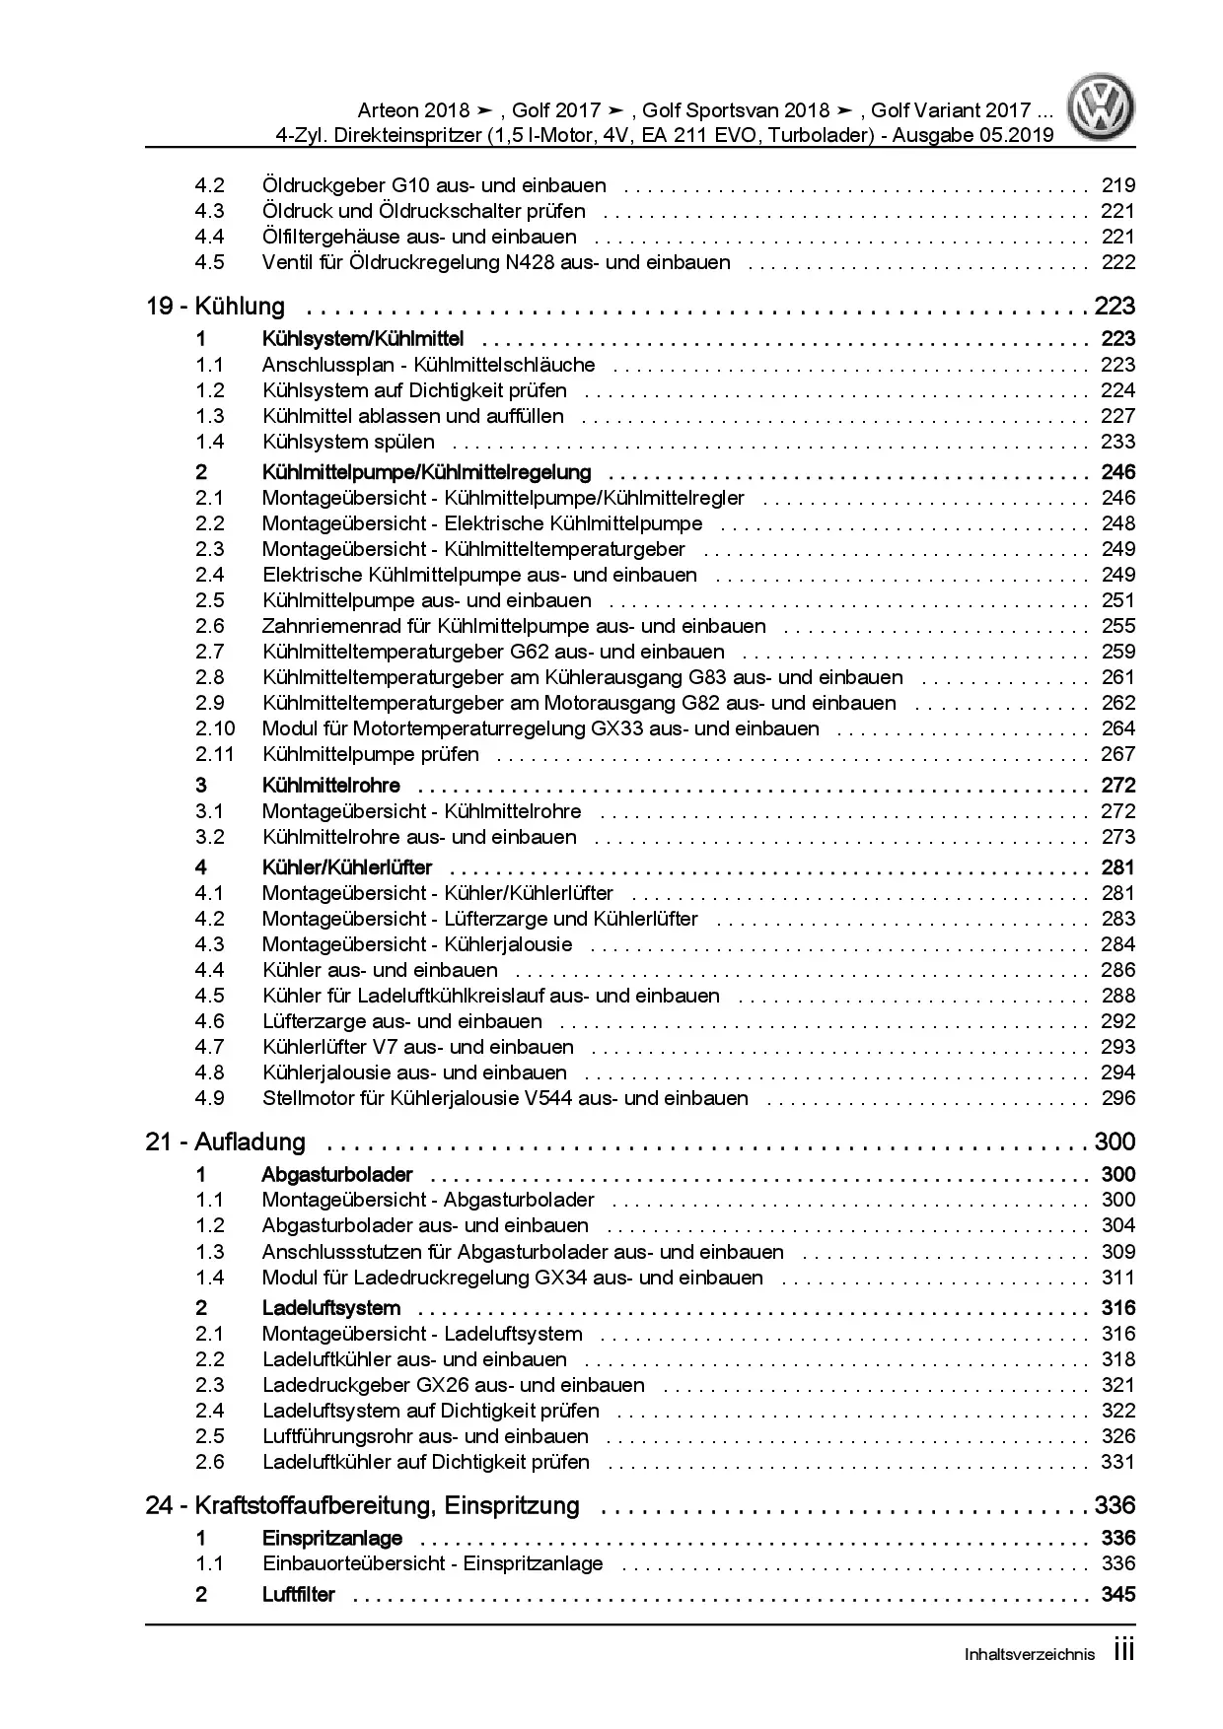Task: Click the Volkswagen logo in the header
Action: pyautogui.click(x=1103, y=108)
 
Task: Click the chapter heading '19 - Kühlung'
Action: pyautogui.click(x=215, y=306)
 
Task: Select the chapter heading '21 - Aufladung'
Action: pyautogui.click(x=225, y=1141)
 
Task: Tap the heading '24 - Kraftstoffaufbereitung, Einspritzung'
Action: pyautogui.click(x=362, y=1505)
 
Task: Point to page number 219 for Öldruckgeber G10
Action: pyautogui.click(x=1117, y=185)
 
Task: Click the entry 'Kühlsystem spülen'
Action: pyautogui.click(x=348, y=442)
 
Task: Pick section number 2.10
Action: pyautogui.click(x=215, y=728)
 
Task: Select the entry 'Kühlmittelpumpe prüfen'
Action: pyautogui.click(x=371, y=754)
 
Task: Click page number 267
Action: pyautogui.click(x=1117, y=754)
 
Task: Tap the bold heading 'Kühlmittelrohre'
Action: pyautogui.click(x=331, y=786)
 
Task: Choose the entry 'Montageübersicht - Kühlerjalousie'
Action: pyautogui.click(x=417, y=944)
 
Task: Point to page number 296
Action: pyautogui.click(x=1117, y=1098)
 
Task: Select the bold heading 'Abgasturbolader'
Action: pyautogui.click(x=337, y=1174)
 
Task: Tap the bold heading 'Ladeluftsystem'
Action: pyautogui.click(x=331, y=1308)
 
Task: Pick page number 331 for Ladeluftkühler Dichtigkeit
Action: pyautogui.click(x=1117, y=1462)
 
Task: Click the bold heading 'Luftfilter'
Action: pyautogui.click(x=299, y=1594)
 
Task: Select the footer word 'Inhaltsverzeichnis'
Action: pyautogui.click(x=1030, y=1655)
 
